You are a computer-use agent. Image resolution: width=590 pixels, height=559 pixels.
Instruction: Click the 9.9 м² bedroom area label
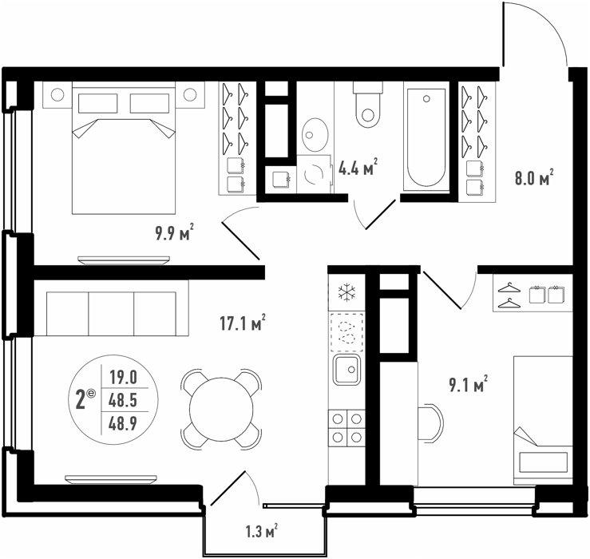[175, 232]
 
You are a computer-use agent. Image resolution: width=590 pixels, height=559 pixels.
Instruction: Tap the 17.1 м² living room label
[243, 323]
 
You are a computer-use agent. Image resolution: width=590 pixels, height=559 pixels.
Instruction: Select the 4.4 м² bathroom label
[358, 168]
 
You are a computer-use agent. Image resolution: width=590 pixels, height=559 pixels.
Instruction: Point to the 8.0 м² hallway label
[534, 177]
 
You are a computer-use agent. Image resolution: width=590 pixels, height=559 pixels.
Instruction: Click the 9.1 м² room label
[468, 384]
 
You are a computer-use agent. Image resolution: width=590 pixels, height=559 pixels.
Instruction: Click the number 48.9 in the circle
[123, 424]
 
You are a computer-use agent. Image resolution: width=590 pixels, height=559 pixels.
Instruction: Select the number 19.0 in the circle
[123, 377]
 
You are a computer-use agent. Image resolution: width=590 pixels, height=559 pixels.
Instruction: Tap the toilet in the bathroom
[368, 105]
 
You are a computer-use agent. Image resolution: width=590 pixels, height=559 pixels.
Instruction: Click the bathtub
[426, 137]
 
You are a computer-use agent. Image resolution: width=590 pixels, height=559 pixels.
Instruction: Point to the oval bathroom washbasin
[315, 134]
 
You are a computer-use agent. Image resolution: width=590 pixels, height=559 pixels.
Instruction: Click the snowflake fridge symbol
[346, 292]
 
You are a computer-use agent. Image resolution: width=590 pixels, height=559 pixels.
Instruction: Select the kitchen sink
[346, 369]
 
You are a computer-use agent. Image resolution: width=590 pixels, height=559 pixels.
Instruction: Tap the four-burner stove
[346, 428]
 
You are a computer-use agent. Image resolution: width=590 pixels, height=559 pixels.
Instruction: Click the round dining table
[221, 409]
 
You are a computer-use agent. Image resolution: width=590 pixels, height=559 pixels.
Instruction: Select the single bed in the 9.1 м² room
[543, 421]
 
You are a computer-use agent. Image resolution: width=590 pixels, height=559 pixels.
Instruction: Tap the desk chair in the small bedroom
[431, 422]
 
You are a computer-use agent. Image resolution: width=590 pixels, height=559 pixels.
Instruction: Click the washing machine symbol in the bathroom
[315, 174]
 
